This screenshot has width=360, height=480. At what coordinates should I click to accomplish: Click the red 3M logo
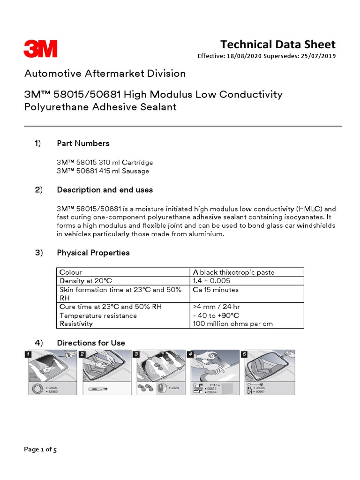tap(41, 49)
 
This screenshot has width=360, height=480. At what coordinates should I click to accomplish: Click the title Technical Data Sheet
tap(278, 45)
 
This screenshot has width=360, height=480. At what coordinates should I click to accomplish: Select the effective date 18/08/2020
tap(243, 56)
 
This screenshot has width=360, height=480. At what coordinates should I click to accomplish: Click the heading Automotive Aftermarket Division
tap(105, 74)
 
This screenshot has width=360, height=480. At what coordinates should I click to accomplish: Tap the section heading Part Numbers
tap(83, 143)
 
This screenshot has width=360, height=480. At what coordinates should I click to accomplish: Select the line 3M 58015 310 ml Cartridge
tap(105, 163)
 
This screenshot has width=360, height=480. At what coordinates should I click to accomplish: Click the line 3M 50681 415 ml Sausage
tap(103, 171)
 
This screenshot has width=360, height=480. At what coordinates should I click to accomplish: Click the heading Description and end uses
tap(105, 190)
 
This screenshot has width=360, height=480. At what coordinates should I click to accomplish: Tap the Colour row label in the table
tap(70, 272)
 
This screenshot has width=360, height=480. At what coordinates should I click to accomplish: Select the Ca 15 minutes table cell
tap(216, 290)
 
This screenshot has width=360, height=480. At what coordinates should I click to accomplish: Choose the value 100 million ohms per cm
tap(232, 324)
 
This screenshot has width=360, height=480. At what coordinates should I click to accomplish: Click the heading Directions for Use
tap(91, 343)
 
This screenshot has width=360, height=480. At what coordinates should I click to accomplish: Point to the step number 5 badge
tap(244, 354)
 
